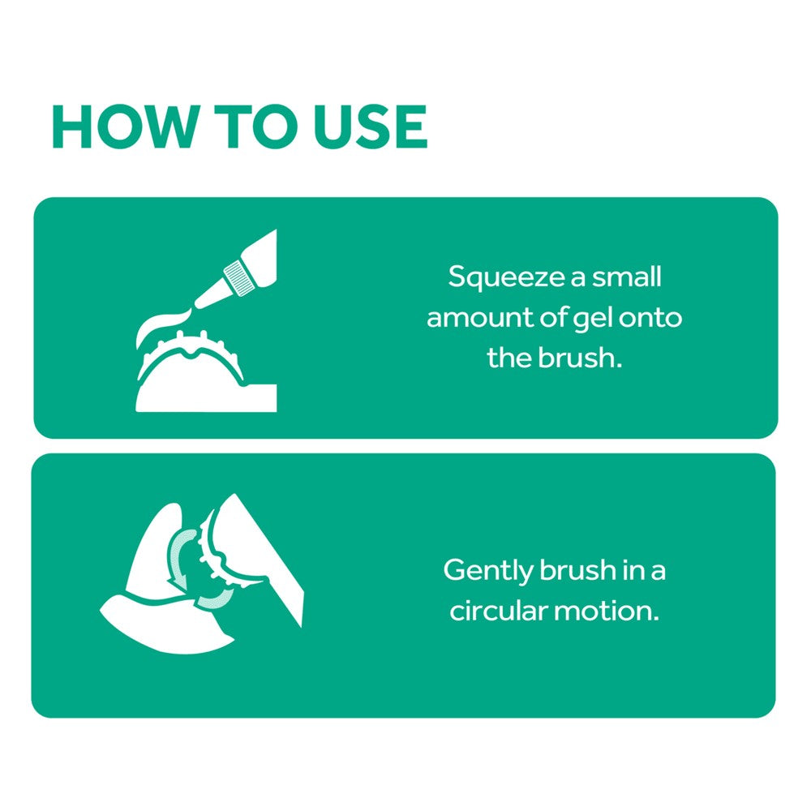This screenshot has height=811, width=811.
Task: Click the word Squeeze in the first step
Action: [x=506, y=277]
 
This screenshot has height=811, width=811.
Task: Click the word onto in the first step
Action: [x=650, y=318]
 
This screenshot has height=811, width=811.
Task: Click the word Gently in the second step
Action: [x=488, y=571]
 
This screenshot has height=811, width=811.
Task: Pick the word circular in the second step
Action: [x=499, y=611]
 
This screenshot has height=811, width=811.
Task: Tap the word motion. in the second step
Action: [x=607, y=611]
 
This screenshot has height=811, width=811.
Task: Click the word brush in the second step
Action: [x=577, y=570]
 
